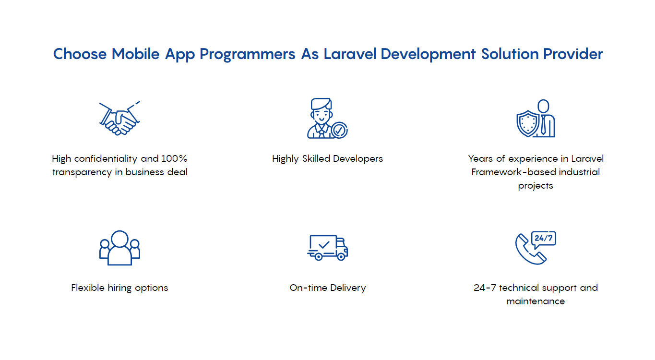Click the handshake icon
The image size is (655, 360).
pyautogui.click(x=119, y=119)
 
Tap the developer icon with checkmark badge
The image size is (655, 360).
pyautogui.click(x=327, y=118)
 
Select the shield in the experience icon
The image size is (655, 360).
pyautogui.click(x=528, y=123)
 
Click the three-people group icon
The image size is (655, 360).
pyautogui.click(x=119, y=248)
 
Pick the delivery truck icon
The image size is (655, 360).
pyautogui.click(x=327, y=247)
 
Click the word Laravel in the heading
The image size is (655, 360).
pyautogui.click(x=350, y=54)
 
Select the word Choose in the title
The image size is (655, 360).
pyautogui.click(x=80, y=54)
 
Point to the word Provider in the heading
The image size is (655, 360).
pyautogui.click(x=573, y=54)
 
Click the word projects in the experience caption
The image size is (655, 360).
pyautogui.click(x=536, y=186)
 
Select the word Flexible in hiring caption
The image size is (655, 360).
pyautogui.click(x=88, y=288)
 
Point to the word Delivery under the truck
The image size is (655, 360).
pyautogui.click(x=348, y=288)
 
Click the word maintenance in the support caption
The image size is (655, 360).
pyautogui.click(x=536, y=301)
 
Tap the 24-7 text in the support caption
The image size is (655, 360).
pyautogui.click(x=485, y=288)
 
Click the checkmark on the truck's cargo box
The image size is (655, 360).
pyautogui.click(x=324, y=244)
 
